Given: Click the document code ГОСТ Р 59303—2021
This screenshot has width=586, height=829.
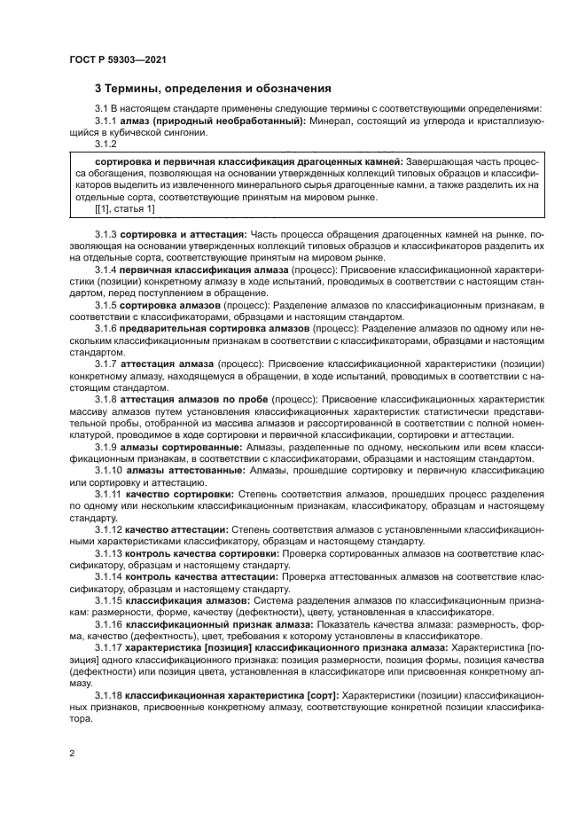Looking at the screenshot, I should coord(118,59).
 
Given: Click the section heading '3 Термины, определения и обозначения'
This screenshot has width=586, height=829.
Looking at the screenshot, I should coord(213,89).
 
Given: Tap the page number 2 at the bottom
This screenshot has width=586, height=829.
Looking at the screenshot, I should coord(72,754).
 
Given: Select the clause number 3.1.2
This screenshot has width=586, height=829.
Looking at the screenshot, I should coord(105,144).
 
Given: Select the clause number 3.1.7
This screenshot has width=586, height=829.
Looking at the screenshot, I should coord(105,364).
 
